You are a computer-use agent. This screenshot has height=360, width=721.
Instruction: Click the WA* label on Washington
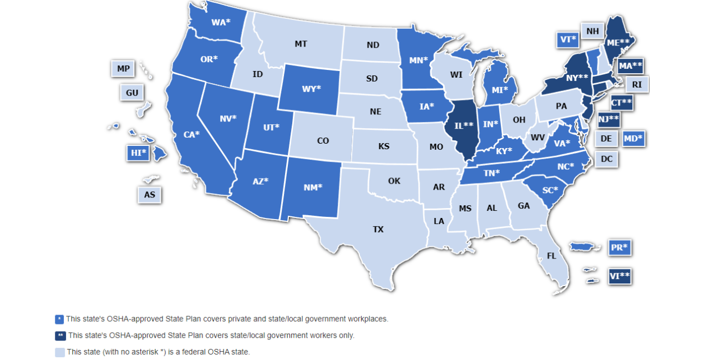pos(221,23)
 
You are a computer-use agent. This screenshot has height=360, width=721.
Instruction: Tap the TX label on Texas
pos(378,229)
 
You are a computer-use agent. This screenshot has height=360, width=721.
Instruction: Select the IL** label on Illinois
pos(463,125)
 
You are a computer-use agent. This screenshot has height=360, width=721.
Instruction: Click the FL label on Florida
pos(551,256)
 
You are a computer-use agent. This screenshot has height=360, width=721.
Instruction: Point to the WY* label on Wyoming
pos(311,89)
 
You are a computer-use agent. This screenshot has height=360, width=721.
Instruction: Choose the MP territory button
pos(123,69)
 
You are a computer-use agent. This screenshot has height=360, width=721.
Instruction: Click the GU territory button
pos(132,93)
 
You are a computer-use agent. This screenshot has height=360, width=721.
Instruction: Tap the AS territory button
pos(149,195)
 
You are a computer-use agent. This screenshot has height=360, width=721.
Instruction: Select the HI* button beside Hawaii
pos(138,152)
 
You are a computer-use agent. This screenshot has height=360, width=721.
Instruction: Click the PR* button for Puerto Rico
pos(620,247)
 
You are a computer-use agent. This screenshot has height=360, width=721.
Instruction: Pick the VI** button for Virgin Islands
pos(620,276)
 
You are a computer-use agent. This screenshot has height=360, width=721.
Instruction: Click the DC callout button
pos(607,159)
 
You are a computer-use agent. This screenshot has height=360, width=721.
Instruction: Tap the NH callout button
pos(592,31)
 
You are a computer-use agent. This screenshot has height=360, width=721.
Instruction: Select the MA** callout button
pos(630,66)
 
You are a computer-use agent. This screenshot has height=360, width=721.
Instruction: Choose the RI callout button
pos(637,85)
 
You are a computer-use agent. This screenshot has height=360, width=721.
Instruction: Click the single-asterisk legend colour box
pos(59,319)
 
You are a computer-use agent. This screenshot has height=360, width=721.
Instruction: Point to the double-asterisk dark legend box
pos(59,336)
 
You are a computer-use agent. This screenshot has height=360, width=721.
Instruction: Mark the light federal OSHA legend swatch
pos(59,352)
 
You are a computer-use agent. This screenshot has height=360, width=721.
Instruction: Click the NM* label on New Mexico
pos(313,187)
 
